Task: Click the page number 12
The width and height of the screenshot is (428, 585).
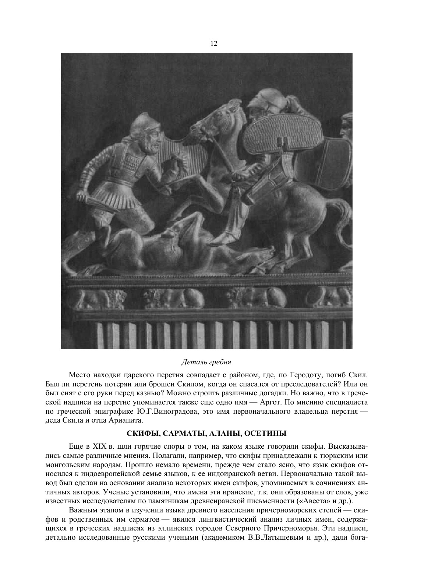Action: (214, 44)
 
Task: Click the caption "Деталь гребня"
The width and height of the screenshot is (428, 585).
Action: (206, 362)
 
